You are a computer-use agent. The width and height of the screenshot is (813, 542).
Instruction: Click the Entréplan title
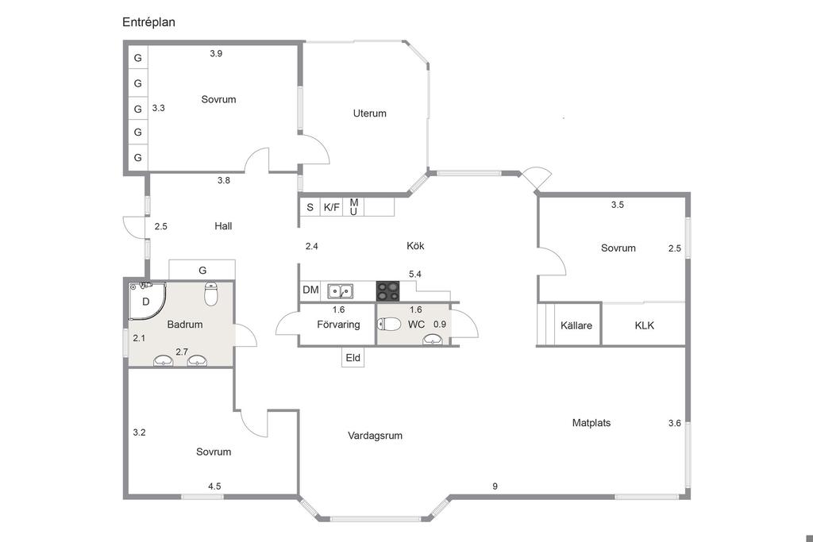148,22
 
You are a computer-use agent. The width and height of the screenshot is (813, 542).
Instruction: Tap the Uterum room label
370,113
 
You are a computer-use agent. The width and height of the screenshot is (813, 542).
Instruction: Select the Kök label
415,246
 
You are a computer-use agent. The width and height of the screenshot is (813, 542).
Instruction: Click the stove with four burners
387,290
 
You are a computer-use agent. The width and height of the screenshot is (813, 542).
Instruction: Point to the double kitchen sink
340,291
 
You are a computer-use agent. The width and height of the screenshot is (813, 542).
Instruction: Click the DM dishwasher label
310,290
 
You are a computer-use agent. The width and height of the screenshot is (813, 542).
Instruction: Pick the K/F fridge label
331,207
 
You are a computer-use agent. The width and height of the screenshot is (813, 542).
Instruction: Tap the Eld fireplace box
353,358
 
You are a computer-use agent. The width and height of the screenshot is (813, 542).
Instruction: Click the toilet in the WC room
389,325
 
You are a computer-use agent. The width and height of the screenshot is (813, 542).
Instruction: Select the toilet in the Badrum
211,294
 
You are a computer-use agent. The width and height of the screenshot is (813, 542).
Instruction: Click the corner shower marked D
147,301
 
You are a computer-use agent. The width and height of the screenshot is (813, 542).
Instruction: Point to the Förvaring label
338,325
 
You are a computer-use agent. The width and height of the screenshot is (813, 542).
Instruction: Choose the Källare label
576,325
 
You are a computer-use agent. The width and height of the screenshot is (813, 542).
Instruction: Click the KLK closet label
645,325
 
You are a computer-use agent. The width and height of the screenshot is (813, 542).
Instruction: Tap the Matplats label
591,422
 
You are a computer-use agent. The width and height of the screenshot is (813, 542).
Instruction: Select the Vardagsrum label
375,435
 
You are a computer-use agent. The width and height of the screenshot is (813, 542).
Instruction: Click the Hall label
223,226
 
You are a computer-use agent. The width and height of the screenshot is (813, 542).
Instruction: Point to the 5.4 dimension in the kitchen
414,274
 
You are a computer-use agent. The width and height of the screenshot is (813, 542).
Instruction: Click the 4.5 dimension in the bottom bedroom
214,486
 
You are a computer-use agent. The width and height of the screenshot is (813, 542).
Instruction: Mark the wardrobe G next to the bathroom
202,270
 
